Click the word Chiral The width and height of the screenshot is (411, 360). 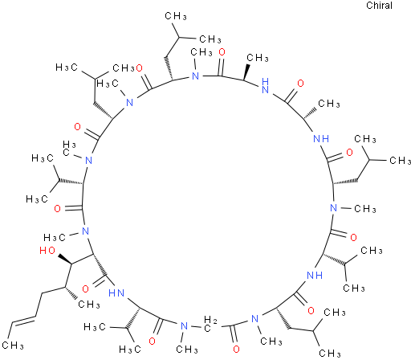379,6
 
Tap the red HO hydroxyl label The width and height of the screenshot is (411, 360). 47,251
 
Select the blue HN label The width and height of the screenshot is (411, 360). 116,293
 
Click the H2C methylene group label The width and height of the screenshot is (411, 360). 210,324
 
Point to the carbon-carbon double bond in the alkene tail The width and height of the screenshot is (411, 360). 22,320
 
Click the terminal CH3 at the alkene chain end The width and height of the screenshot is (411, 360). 13,346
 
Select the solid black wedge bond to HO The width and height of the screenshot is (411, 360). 65,260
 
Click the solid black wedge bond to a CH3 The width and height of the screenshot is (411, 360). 246,72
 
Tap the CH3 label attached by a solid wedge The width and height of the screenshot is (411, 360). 258,58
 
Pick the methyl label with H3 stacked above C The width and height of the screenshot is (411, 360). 69,149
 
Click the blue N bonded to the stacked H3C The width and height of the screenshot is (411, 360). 88,161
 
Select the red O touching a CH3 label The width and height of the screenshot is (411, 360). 139,68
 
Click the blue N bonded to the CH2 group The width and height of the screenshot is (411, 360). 184,326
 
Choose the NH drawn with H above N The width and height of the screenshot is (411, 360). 265,86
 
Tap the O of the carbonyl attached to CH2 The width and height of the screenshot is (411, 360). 236,350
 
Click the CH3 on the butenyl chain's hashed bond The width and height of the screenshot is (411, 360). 89,305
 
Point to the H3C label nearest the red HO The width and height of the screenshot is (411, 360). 55,237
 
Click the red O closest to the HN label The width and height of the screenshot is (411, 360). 86,289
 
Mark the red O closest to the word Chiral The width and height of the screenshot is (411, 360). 301,84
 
